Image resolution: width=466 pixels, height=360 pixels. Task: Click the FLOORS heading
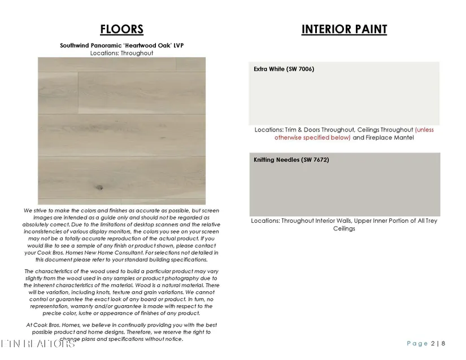121,29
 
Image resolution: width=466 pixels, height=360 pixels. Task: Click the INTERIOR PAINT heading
344,29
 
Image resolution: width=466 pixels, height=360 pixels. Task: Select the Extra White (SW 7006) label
284,69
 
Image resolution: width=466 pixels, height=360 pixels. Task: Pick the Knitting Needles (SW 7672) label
291,160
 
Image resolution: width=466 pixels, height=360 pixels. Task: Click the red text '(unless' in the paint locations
424,130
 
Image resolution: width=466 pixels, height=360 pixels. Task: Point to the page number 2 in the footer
433,344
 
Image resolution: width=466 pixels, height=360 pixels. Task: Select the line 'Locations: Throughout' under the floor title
121,53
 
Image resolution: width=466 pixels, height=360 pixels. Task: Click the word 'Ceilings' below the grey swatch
344,229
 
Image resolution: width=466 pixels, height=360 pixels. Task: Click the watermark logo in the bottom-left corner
37,344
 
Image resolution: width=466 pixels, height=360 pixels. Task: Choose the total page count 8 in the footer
443,344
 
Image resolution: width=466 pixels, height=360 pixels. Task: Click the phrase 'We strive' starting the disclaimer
36,210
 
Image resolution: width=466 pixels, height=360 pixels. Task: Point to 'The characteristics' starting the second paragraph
51,271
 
